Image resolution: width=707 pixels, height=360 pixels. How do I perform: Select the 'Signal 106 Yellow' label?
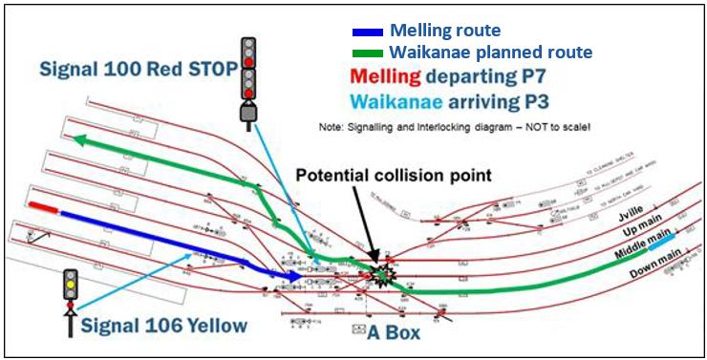pyautogui.click(x=163, y=326)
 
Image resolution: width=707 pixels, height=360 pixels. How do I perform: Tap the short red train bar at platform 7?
pyautogui.click(x=44, y=206)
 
